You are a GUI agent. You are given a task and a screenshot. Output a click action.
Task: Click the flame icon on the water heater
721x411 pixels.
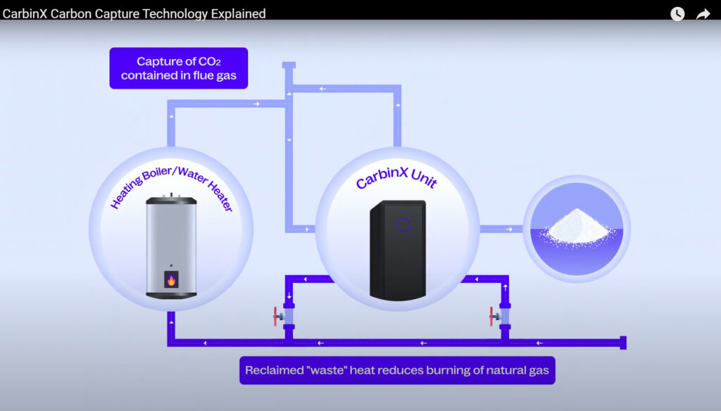171,280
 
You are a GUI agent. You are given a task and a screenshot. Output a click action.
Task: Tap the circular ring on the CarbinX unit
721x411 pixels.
403,225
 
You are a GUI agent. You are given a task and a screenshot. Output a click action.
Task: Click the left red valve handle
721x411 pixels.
275,317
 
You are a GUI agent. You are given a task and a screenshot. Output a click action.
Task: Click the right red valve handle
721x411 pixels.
491,317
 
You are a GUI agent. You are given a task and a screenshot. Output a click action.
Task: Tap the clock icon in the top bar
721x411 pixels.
677,13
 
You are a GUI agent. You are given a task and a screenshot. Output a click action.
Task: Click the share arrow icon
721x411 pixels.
703,13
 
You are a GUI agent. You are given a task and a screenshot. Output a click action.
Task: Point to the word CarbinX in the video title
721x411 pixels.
25,13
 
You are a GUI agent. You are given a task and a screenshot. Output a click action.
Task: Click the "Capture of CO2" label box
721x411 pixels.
178,68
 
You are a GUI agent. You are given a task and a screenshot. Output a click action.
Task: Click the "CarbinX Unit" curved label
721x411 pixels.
396,177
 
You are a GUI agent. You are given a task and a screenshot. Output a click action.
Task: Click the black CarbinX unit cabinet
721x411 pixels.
398,248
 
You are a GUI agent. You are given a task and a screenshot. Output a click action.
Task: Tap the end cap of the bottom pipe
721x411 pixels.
622,343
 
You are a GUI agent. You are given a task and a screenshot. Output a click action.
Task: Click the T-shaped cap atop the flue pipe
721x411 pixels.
289,65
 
